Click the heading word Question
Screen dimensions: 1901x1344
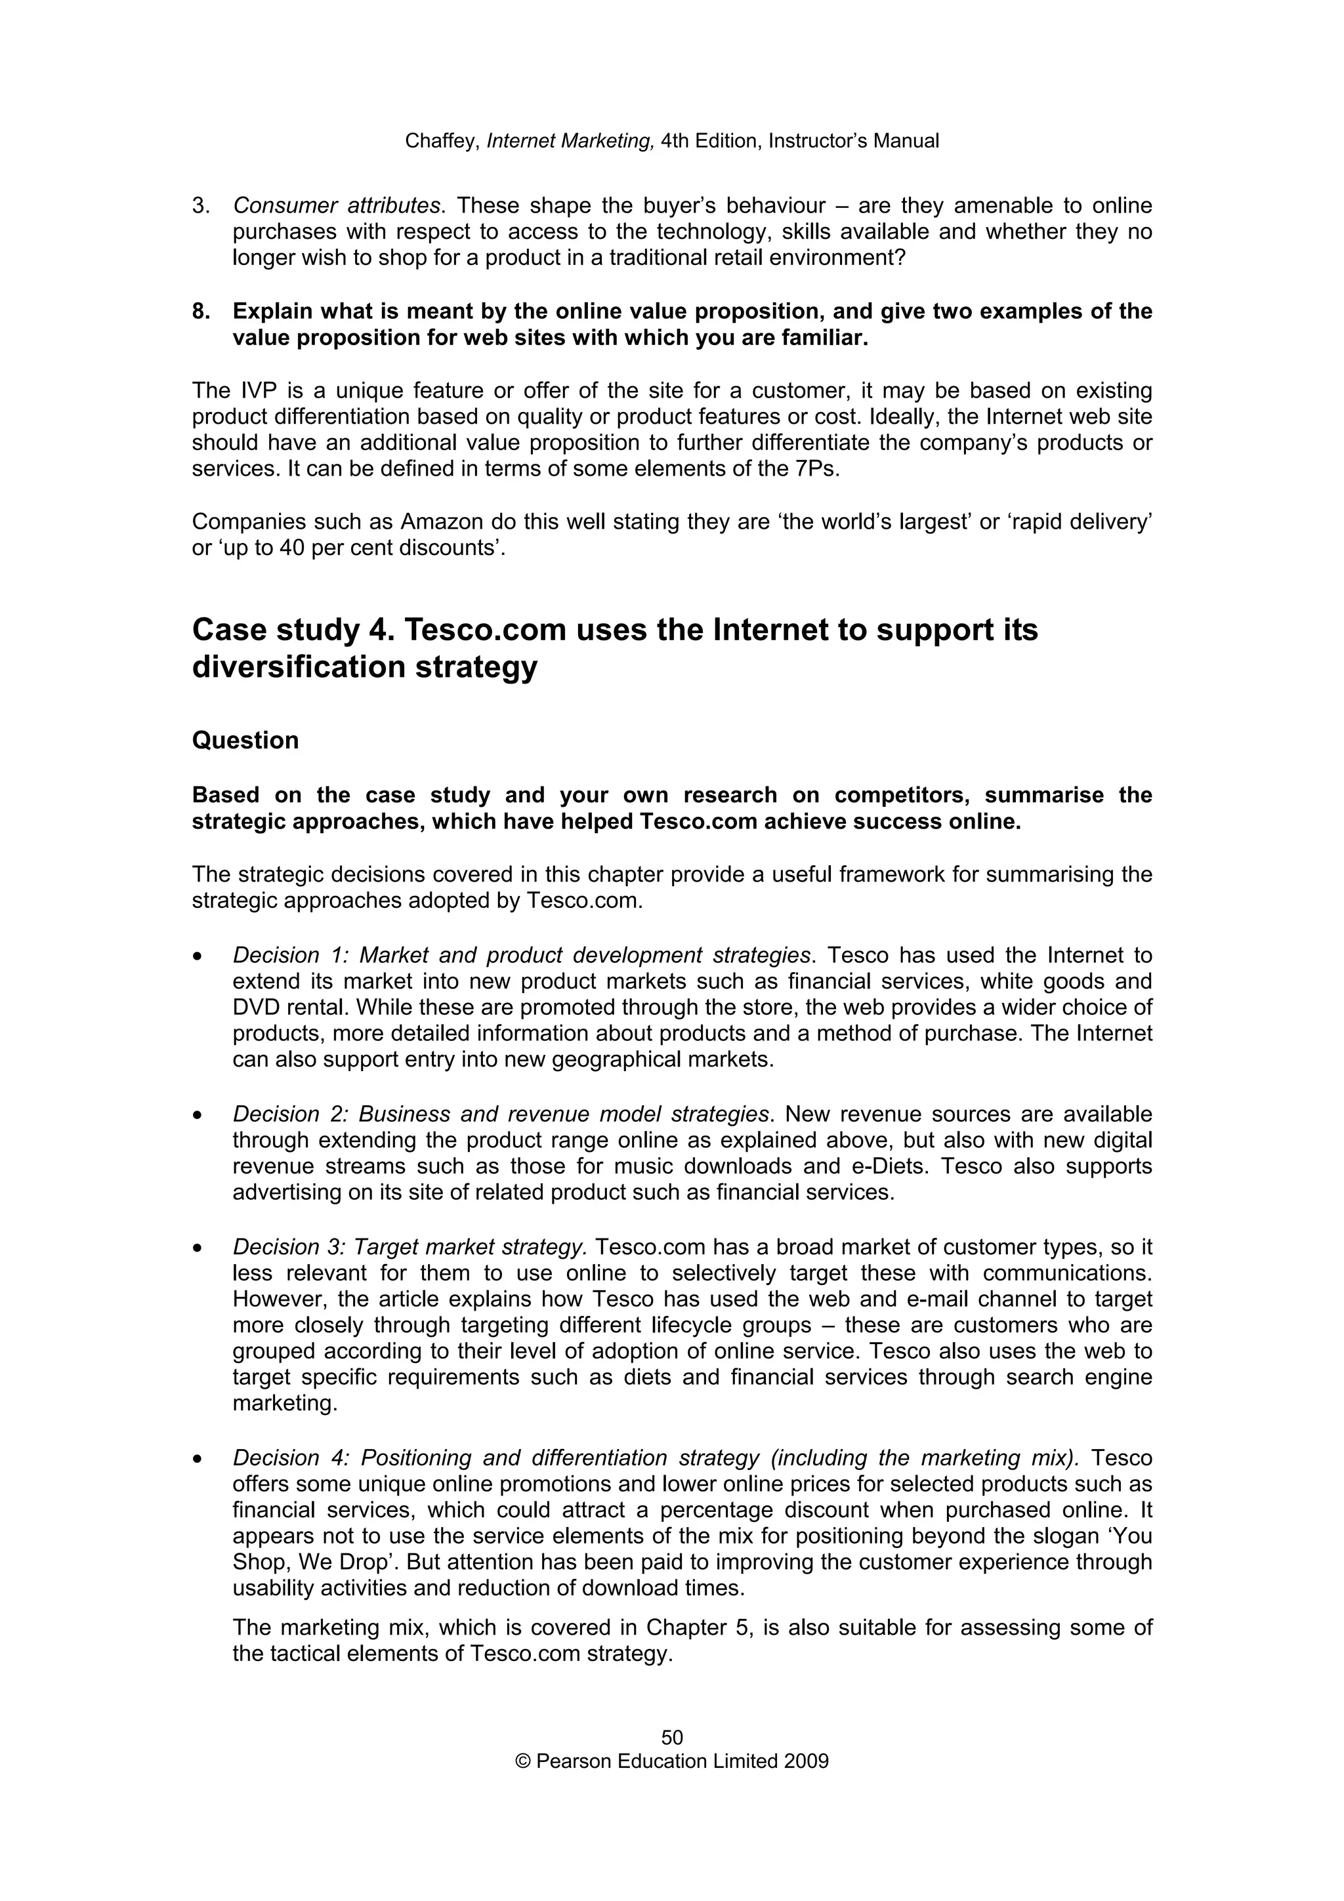tap(245, 740)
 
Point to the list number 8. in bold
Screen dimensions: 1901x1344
tap(201, 312)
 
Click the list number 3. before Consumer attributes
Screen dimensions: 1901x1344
tap(201, 205)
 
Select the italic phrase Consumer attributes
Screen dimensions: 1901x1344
tap(336, 205)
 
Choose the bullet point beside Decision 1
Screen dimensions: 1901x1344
tap(197, 956)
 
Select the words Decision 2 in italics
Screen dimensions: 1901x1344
tap(281, 1114)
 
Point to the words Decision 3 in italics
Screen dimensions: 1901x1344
tap(281, 1247)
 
